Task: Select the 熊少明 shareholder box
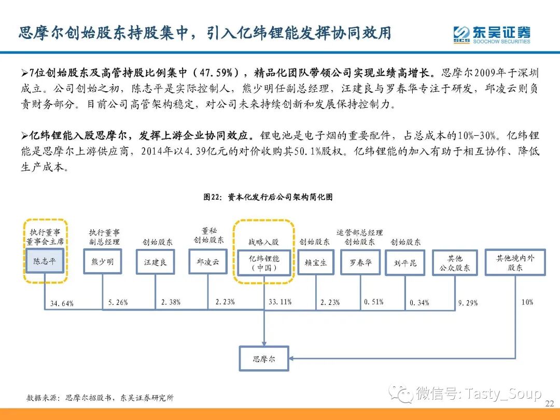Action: [103, 262]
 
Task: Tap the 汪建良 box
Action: [156, 262]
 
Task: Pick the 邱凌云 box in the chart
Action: [208, 262]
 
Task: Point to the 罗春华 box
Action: [360, 262]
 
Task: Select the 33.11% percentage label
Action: [280, 302]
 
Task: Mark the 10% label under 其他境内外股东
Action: [527, 302]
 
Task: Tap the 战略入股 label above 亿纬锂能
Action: [263, 242]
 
